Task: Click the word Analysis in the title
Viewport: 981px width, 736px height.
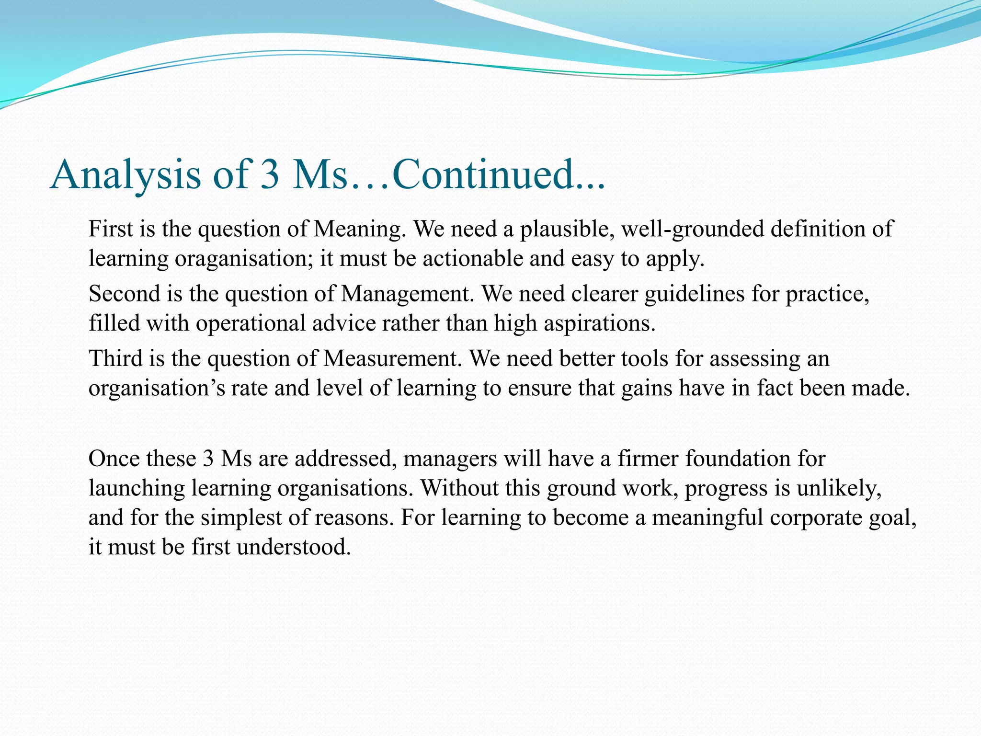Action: pyautogui.click(x=125, y=175)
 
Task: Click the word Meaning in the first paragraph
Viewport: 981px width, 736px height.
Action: pyautogui.click(x=357, y=229)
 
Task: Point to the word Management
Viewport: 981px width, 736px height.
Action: pyautogui.click(x=405, y=294)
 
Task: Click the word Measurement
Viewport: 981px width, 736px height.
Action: pyautogui.click(x=390, y=358)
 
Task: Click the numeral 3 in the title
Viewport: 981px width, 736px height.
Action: pyautogui.click(x=270, y=174)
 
